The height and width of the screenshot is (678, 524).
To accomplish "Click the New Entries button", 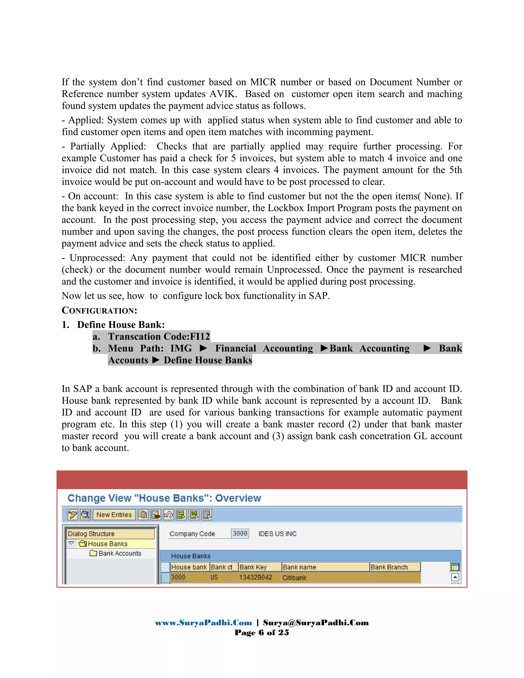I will click(114, 515).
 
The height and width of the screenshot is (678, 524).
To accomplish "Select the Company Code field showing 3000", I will click(240, 534).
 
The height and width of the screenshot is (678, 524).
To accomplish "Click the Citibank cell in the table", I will click(294, 578).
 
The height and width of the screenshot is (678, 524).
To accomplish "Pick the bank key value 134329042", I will click(256, 577).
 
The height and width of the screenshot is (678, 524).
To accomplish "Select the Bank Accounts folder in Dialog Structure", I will click(119, 553).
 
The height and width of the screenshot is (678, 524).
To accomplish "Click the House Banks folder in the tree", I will click(107, 544).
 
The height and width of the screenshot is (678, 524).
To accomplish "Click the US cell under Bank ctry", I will click(214, 577).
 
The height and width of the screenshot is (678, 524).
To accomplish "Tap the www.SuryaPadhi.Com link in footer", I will click(203, 623).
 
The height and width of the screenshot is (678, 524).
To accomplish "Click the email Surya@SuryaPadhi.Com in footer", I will click(316, 623).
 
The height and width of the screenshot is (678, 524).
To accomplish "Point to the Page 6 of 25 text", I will click(262, 633).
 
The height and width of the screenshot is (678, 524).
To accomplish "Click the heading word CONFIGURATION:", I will click(99, 310).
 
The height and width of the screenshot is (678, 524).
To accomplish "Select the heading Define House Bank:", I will click(121, 325).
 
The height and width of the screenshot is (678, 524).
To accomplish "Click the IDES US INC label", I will click(277, 534).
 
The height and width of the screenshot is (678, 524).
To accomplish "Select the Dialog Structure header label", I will click(91, 534).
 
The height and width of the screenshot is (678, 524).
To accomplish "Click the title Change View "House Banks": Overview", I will click(164, 498).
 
